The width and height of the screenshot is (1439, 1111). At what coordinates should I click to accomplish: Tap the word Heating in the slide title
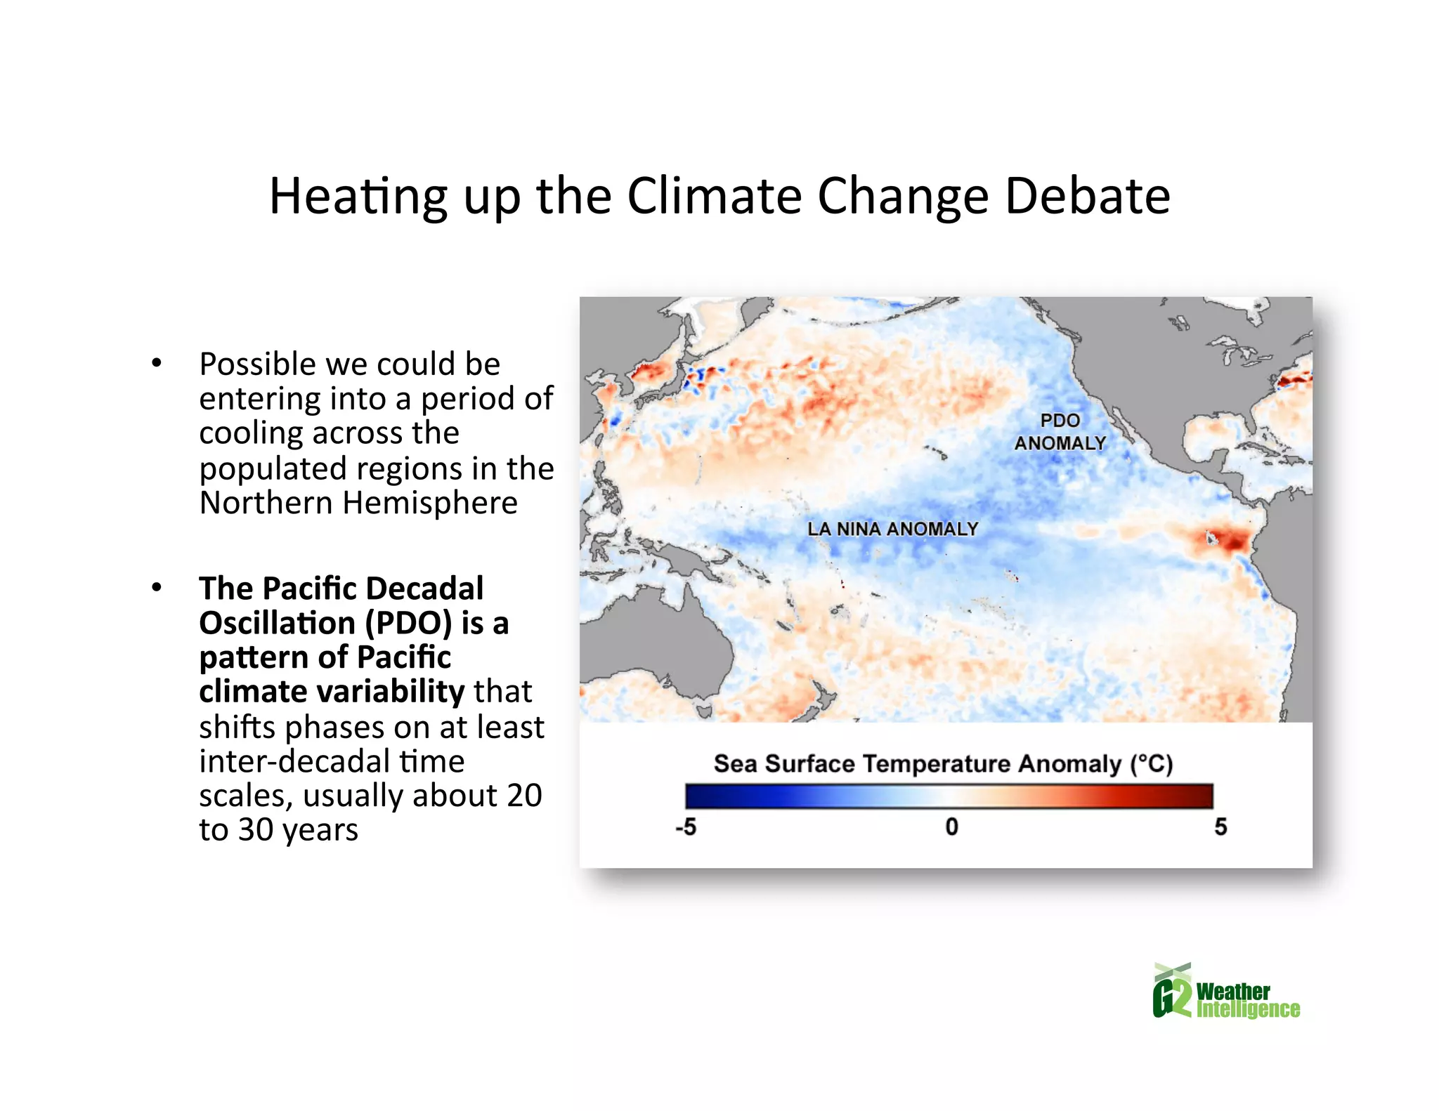358,197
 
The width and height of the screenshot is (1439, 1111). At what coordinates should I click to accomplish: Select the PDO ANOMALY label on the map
1060,432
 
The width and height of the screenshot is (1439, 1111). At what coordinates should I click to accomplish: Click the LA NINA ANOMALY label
892,529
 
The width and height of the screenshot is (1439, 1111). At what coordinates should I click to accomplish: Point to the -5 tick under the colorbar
686,827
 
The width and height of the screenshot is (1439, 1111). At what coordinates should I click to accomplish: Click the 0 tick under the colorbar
951,827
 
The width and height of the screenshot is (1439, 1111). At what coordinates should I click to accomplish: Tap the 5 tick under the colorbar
1220,827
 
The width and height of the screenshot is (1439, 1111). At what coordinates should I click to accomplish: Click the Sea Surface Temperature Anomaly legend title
943,763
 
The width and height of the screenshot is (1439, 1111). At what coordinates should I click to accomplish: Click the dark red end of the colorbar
1198,796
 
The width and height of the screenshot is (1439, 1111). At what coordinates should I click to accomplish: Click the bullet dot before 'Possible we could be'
157,363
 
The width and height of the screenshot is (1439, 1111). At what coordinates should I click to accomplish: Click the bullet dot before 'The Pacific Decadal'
157,587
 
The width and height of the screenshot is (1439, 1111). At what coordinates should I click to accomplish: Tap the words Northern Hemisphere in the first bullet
358,503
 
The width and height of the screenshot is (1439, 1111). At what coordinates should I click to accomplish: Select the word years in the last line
320,830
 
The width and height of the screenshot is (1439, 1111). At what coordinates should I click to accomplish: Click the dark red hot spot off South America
1226,541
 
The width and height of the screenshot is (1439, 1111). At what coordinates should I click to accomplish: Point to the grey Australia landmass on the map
653,639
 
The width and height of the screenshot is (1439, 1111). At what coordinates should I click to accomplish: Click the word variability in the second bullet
391,692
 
